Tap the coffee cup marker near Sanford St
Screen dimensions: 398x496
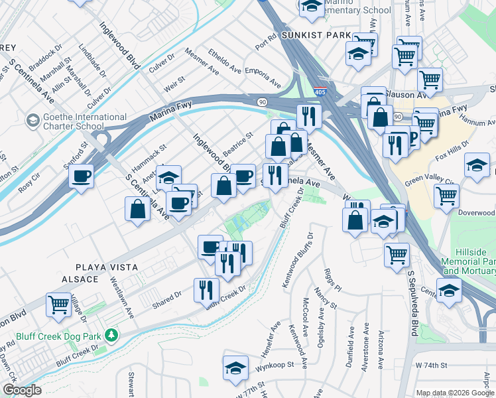coord(81,176)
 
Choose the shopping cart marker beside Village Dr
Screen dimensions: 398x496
coord(58,304)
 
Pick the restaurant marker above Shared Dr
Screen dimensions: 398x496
coord(206,289)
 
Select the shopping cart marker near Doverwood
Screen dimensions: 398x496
coord(447,195)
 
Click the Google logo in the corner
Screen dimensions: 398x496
coord(21,390)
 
